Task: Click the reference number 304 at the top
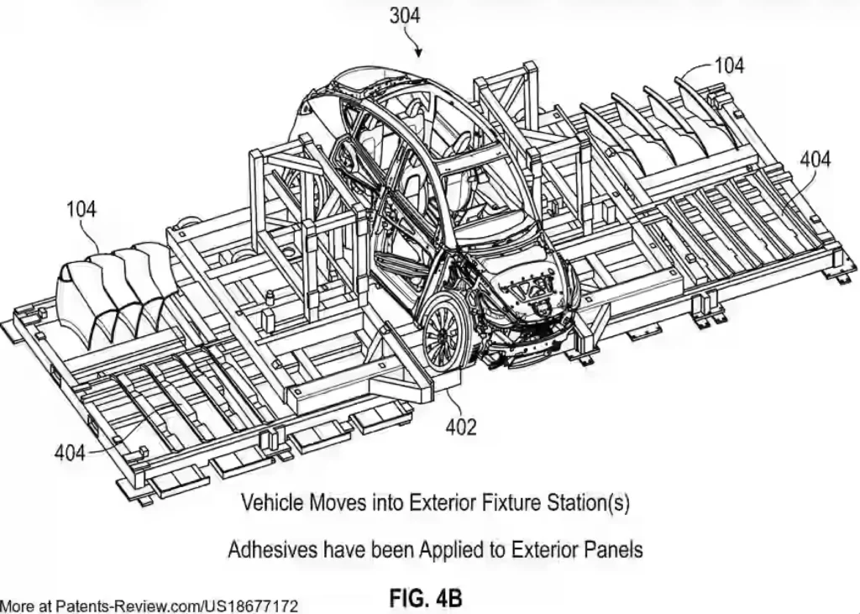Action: tap(405, 14)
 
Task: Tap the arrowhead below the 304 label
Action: tap(421, 54)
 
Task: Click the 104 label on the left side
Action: tap(81, 209)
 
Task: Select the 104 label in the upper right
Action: tap(728, 65)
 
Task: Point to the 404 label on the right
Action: tap(815, 159)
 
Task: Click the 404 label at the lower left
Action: tap(70, 453)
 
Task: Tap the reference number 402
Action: tap(460, 427)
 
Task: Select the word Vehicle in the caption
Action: tap(271, 504)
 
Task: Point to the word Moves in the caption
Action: tap(341, 504)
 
